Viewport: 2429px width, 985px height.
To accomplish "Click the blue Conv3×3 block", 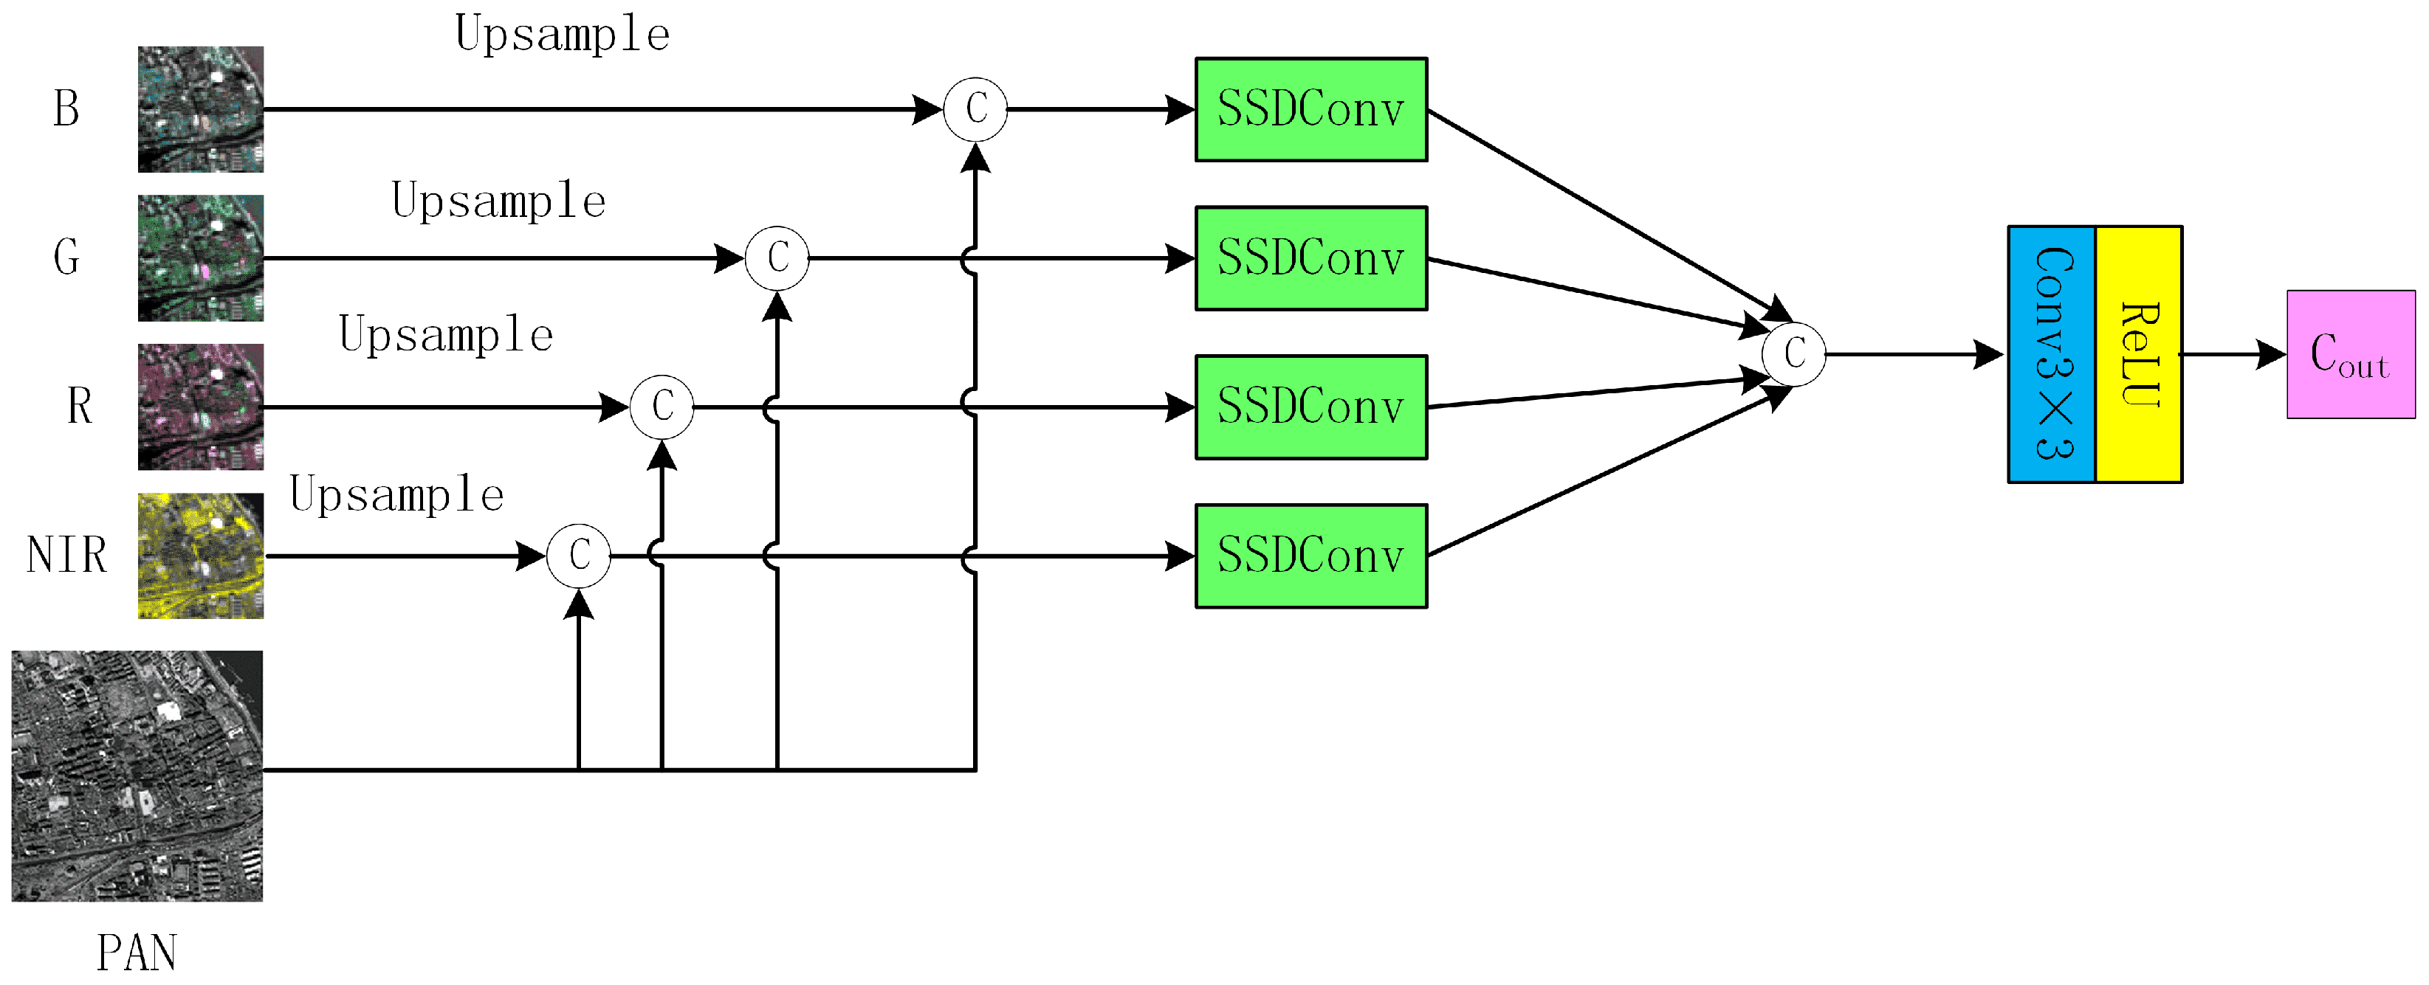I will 2051,354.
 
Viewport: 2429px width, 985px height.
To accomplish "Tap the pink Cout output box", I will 2350,354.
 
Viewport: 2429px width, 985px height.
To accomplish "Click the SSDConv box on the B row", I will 1310,109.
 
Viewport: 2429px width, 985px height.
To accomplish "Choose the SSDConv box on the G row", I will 1310,258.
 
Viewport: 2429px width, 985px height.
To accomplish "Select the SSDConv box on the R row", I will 1310,407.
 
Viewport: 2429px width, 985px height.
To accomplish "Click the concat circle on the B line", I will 975,109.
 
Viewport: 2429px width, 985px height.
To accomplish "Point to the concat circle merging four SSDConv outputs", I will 1793,354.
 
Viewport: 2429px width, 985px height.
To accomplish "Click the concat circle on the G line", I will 777,258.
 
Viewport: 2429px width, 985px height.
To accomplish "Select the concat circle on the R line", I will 662,407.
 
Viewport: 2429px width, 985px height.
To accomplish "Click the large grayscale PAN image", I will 137,775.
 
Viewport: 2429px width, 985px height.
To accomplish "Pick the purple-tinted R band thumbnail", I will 201,407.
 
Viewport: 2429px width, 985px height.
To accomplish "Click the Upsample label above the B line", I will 562,35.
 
